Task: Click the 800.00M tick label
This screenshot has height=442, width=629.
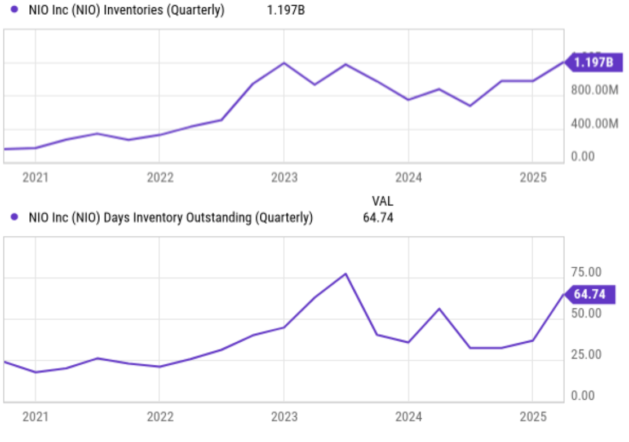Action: [x=595, y=90]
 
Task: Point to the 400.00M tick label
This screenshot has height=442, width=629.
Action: [x=595, y=123]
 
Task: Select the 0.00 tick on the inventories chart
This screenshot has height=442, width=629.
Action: [x=582, y=156]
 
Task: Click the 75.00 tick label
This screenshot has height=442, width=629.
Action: [x=586, y=272]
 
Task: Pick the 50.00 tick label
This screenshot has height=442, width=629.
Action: [x=586, y=313]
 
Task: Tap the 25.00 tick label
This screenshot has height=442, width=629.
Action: [x=586, y=355]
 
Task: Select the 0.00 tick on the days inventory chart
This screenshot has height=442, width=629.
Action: [x=582, y=396]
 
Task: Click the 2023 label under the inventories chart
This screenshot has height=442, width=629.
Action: [x=284, y=178]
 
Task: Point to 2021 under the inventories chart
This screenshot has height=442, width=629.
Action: [x=35, y=178]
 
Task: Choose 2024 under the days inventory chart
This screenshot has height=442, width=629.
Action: [x=409, y=417]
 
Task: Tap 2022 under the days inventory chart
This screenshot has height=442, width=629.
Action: [x=160, y=417]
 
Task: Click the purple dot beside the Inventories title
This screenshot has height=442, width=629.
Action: [x=15, y=10]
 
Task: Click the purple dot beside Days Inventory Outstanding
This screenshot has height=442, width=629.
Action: [x=15, y=216]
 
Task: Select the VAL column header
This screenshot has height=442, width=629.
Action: [x=382, y=201]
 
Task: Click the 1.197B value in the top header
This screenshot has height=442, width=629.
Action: [x=286, y=10]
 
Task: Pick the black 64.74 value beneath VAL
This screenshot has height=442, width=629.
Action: [x=378, y=216]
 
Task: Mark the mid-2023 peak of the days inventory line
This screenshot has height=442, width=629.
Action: [x=345, y=274]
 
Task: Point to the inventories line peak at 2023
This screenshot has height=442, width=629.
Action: [x=284, y=63]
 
